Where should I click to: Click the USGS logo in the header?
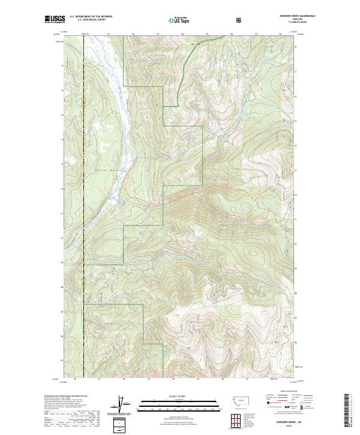click(55, 20)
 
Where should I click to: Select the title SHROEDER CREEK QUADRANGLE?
click(281, 15)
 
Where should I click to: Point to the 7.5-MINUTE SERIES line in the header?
click(281, 23)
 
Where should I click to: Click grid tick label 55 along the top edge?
click(207, 34)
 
